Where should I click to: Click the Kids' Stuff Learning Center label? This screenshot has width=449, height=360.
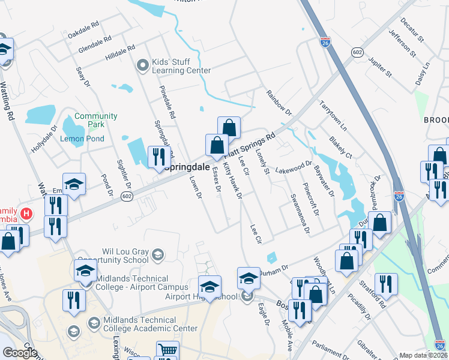point(180,65)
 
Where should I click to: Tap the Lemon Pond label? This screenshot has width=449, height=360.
point(82,139)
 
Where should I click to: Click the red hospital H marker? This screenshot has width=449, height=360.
point(26,213)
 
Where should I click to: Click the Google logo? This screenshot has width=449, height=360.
point(20,352)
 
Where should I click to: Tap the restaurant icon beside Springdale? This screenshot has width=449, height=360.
point(157,157)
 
